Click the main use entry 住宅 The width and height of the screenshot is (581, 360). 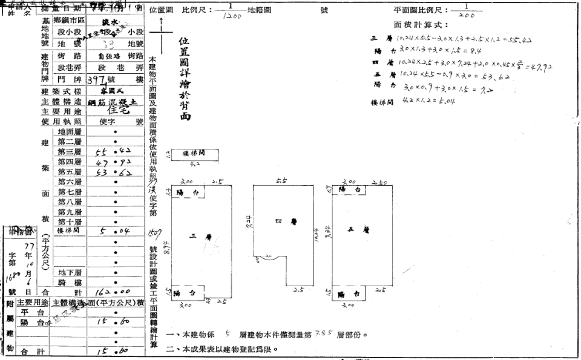[116, 111]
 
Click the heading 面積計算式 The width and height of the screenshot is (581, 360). [421, 26]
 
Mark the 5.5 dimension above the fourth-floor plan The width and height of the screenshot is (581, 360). [280, 181]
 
